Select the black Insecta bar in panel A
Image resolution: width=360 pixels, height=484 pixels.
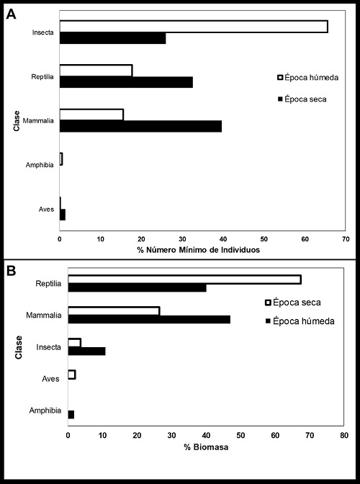tap(112, 38)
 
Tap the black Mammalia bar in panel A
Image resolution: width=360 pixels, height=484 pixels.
tap(140, 126)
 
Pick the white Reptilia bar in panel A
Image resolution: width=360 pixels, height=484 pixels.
tap(96, 71)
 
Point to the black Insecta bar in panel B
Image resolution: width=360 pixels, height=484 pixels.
tap(86, 351)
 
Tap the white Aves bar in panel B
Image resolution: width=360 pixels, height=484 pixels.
tap(71, 375)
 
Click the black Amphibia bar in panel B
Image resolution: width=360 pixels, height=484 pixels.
tap(71, 414)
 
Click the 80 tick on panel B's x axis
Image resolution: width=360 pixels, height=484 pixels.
tap(344, 436)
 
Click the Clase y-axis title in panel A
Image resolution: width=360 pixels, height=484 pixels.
tap(15, 121)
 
